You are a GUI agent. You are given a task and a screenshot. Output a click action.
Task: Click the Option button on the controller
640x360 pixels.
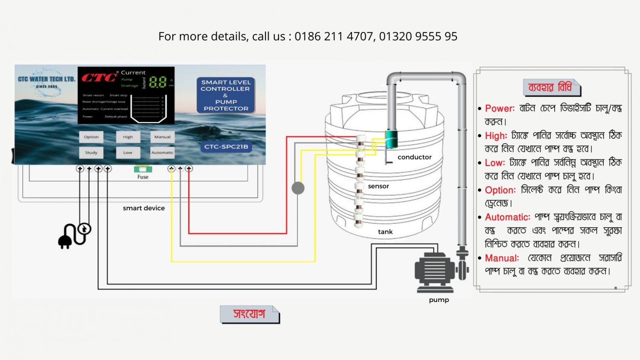91,137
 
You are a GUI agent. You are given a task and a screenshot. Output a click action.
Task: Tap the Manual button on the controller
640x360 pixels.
162,137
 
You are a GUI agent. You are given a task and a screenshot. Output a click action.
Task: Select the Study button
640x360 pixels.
91,152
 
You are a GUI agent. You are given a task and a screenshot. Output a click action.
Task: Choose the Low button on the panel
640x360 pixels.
128,152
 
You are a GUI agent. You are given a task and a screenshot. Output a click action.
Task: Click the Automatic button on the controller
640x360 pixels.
162,152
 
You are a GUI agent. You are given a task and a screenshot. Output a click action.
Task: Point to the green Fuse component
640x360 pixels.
143,169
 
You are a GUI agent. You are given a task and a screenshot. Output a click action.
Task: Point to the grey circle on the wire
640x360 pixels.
298,188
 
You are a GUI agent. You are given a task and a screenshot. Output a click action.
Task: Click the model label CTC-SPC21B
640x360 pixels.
226,147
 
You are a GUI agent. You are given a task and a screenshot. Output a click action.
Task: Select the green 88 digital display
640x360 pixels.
158,82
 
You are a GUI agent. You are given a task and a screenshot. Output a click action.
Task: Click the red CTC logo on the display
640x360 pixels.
99,77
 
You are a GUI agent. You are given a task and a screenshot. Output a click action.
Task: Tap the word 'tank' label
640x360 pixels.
385,232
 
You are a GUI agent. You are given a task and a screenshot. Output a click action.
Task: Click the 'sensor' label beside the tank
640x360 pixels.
378,186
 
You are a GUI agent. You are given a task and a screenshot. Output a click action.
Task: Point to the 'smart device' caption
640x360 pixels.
144,208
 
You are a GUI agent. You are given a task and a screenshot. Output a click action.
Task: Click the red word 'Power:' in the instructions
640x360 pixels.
500,108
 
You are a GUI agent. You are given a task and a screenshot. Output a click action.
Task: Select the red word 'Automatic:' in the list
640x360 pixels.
507,217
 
